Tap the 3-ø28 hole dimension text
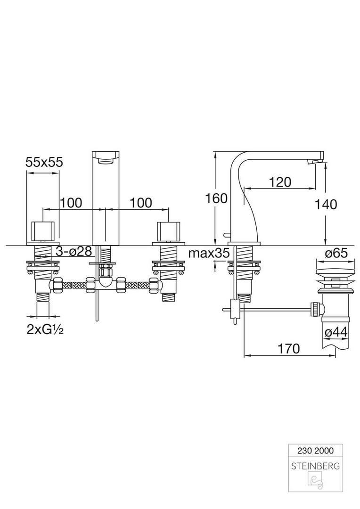coord(74,251)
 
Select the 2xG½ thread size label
coord(45,330)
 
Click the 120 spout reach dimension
coord(280,182)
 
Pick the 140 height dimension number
coord(326,204)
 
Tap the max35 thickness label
coord(209,253)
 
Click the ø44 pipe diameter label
coord(336,332)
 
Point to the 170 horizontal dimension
coord(289,348)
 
